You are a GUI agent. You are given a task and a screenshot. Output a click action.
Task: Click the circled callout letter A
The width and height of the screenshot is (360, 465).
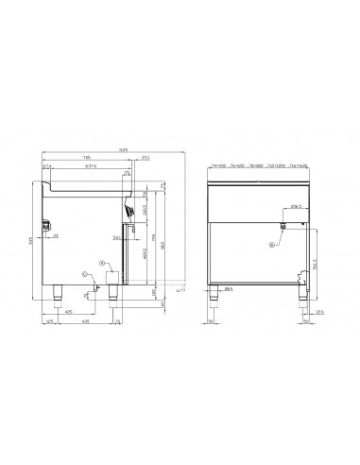tap(102, 266)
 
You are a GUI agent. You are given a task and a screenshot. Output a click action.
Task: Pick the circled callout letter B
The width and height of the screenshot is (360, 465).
tap(270, 245)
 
